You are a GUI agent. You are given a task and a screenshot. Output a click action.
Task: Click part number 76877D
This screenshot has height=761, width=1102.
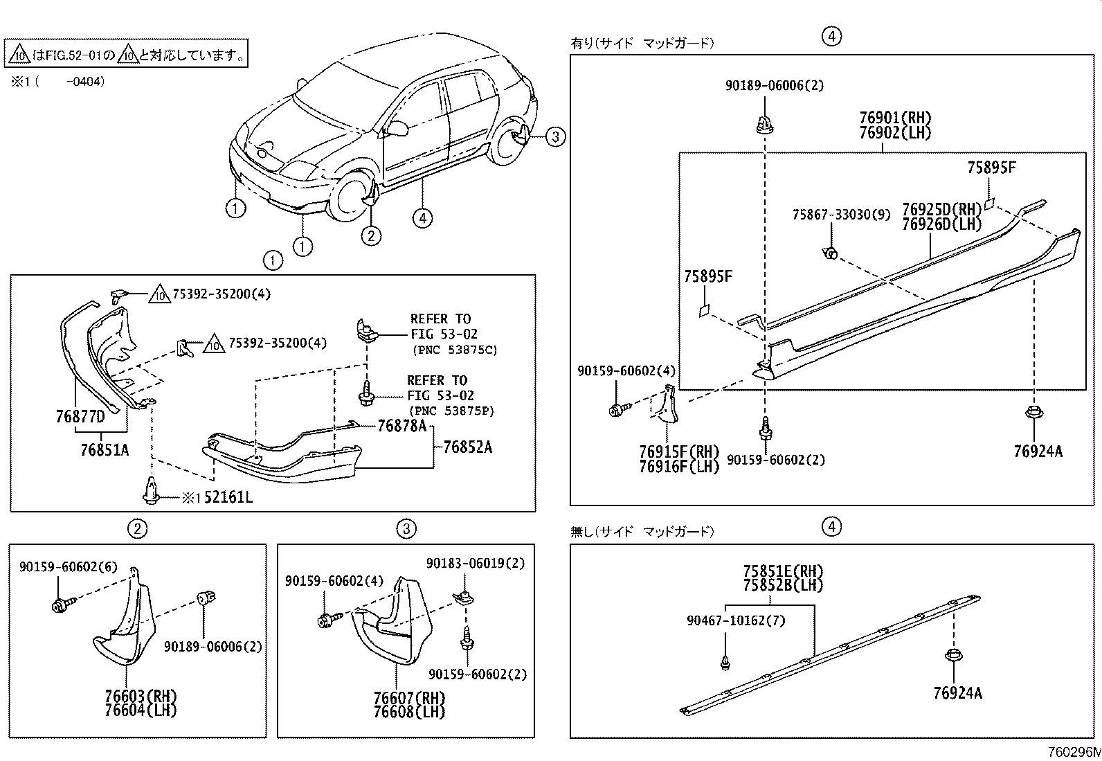tap(80, 417)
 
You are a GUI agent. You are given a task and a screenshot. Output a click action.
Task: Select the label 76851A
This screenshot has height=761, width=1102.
tap(105, 450)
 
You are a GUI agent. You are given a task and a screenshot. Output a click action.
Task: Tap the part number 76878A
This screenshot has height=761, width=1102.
tap(401, 427)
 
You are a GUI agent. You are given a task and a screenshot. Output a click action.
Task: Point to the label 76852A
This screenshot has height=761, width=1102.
tap(467, 447)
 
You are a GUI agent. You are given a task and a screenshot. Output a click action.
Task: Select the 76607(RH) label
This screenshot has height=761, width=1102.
tap(409, 697)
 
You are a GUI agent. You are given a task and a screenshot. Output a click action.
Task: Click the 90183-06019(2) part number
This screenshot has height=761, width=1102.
tap(476, 564)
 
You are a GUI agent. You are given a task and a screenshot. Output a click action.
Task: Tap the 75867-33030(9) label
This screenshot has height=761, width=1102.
tap(841, 215)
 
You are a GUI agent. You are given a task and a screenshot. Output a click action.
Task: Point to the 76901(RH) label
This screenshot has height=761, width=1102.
tap(895, 118)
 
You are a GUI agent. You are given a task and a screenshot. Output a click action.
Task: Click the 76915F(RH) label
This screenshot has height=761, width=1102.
tap(679, 452)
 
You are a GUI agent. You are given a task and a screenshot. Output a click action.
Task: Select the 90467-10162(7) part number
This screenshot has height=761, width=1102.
tap(736, 620)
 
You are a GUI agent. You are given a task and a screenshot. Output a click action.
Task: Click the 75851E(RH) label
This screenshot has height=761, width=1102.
tap(783, 572)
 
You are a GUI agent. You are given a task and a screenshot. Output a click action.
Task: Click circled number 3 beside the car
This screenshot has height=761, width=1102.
tap(555, 136)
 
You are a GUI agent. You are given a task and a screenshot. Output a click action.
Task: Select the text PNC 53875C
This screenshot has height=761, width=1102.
tap(454, 350)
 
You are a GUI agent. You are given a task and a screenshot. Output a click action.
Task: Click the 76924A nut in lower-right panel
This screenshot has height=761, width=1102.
tap(954, 656)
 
